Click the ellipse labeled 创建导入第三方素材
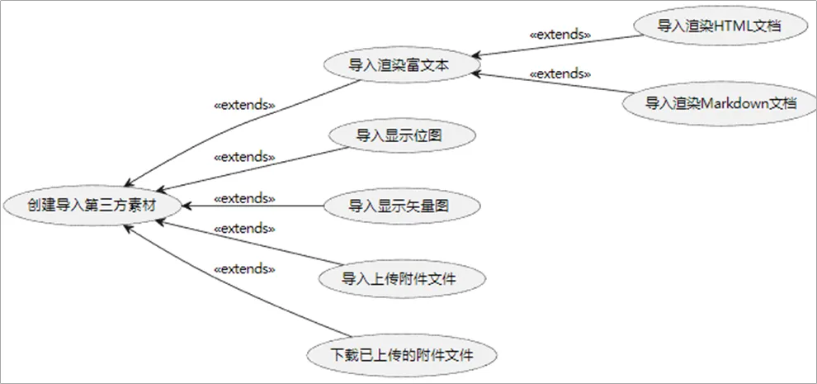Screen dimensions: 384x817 pyautogui.click(x=90, y=203)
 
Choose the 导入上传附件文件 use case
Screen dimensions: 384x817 pyautogui.click(x=399, y=278)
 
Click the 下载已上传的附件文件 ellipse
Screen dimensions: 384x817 pyautogui.click(x=402, y=355)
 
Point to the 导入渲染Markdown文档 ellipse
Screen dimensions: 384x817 pyautogui.click(x=720, y=103)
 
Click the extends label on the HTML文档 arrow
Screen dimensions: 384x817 pyautogui.click(x=560, y=35)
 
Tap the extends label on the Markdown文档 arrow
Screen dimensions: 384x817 pyautogui.click(x=560, y=73)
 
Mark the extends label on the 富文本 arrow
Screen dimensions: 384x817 pyautogui.click(x=244, y=106)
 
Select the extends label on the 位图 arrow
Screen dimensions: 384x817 pyautogui.click(x=244, y=156)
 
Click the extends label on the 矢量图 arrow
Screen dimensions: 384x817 pyautogui.click(x=244, y=198)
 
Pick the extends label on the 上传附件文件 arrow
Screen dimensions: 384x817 pyautogui.click(x=244, y=228)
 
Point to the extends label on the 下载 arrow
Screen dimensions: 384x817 pyautogui.click(x=244, y=268)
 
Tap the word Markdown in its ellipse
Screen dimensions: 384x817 pyautogui.click(x=734, y=103)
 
